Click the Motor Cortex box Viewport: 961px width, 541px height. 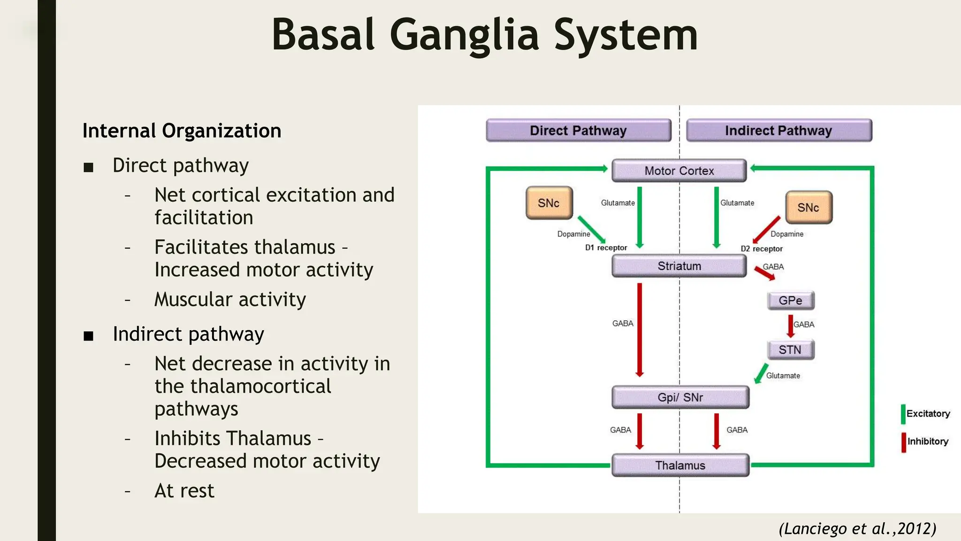click(x=679, y=171)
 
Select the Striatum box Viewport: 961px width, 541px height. click(x=679, y=266)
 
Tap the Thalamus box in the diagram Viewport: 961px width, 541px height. click(x=680, y=465)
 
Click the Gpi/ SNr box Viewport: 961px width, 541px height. click(x=680, y=397)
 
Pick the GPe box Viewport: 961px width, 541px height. click(x=790, y=301)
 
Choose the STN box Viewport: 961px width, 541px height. click(x=790, y=350)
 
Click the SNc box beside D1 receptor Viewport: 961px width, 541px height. click(x=549, y=203)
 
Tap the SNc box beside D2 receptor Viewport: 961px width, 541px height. click(x=808, y=208)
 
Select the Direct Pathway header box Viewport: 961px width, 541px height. click(x=578, y=131)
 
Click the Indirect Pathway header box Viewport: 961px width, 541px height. click(x=778, y=131)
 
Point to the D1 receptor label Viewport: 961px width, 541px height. click(x=606, y=247)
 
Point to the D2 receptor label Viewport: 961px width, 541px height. click(x=762, y=249)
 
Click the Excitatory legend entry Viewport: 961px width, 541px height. click(x=927, y=414)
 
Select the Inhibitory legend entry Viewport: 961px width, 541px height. click(x=927, y=441)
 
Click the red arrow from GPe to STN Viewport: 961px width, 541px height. click(x=791, y=326)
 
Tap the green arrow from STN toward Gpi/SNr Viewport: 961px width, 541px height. click(x=761, y=373)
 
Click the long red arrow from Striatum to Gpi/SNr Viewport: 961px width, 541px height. click(x=640, y=329)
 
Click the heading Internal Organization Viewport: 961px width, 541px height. click(x=182, y=131)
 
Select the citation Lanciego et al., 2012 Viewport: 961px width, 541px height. click(x=857, y=529)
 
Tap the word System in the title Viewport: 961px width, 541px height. click(x=625, y=35)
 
